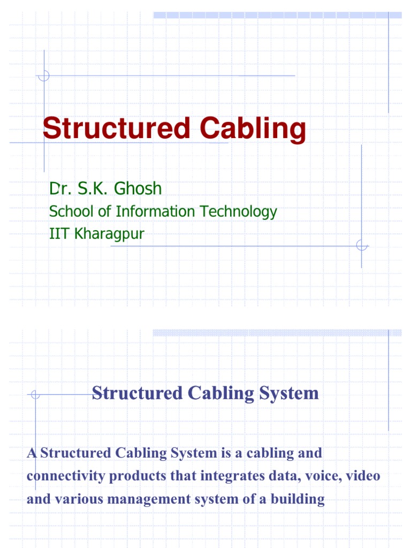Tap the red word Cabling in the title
click(x=252, y=130)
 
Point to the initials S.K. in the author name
click(x=91, y=188)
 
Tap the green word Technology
click(x=238, y=212)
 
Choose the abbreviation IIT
click(x=57, y=234)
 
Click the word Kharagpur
click(x=109, y=234)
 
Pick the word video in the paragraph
click(x=364, y=476)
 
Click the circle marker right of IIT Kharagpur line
click(x=362, y=246)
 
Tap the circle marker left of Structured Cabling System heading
click(x=35, y=395)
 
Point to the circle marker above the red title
click(x=44, y=75)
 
